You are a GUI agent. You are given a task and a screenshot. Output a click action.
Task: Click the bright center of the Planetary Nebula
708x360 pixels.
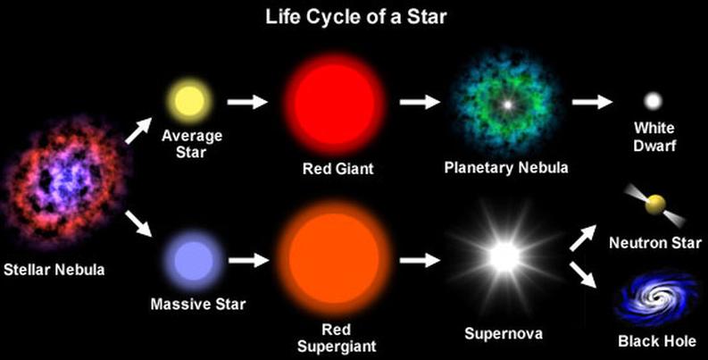point(507,105)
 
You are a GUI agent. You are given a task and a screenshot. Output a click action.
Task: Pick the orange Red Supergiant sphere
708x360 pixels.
point(328,260)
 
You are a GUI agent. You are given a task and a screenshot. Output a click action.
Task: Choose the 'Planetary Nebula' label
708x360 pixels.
point(506,167)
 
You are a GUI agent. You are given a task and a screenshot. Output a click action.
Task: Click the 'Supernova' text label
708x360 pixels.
point(504,335)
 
